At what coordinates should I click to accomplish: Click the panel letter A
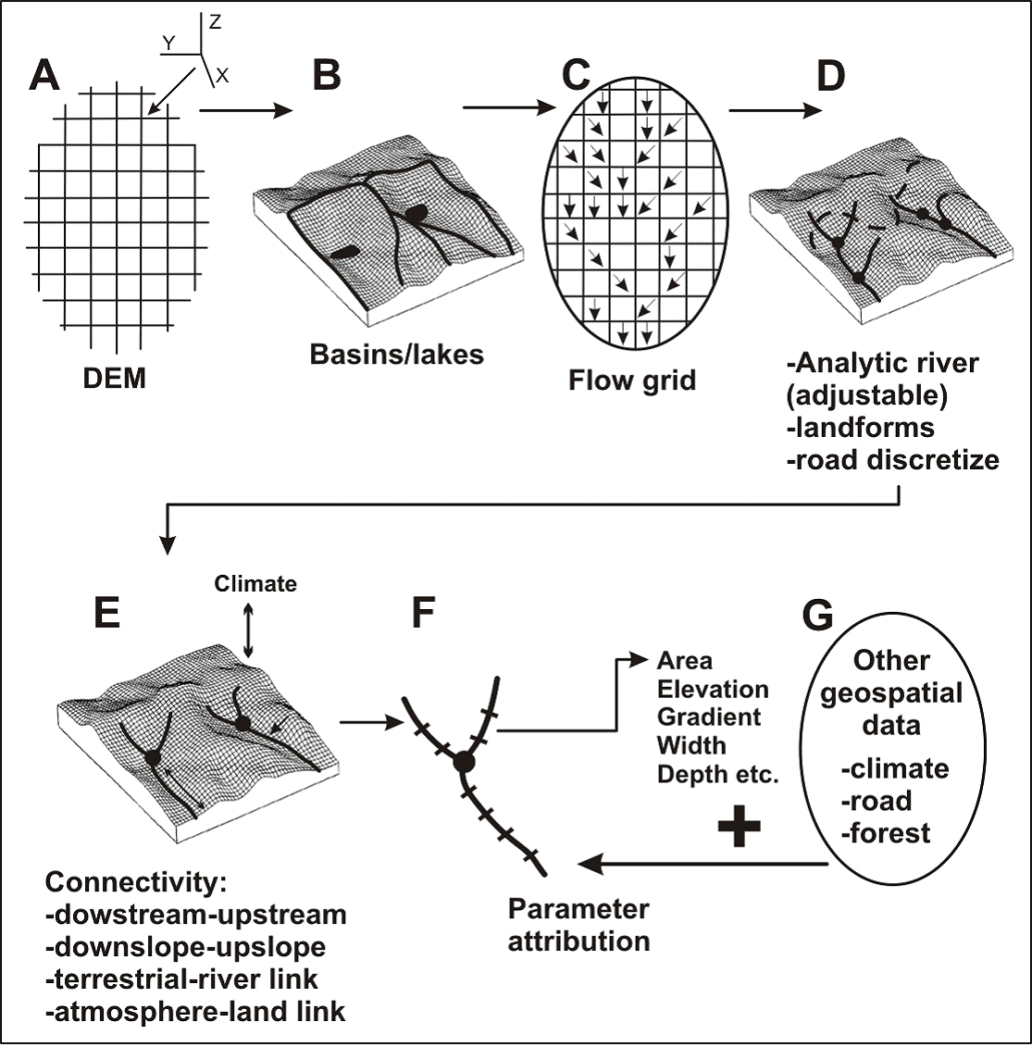pos(45,76)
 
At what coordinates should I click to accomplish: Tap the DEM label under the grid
pos(115,378)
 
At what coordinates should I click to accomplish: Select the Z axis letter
pos(215,22)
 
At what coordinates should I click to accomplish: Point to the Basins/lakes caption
pos(396,354)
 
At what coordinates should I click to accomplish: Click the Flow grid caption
pos(632,380)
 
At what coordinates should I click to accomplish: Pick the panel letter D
pos(830,76)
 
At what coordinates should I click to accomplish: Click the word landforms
pos(860,427)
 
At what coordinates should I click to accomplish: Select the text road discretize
pos(892,459)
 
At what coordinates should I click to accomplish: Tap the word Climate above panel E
pos(255,584)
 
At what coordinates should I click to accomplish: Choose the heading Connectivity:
pos(135,882)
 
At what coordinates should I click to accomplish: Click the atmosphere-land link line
pos(194,1011)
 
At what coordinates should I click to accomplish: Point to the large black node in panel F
pos(463,761)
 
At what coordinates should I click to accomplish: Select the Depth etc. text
pos(718,774)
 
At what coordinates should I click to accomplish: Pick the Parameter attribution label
pos(578,925)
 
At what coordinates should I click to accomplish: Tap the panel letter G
pos(818,616)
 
